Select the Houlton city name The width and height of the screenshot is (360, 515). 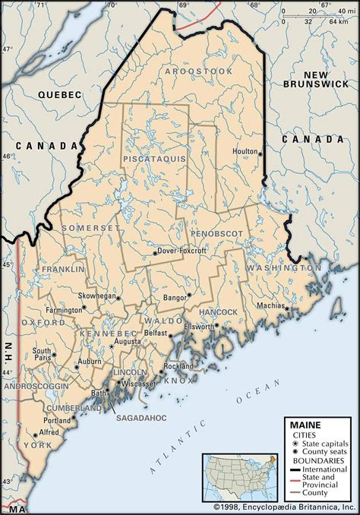point(245,151)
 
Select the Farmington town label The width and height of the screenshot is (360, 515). point(63,310)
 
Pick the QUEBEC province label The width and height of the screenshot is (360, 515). point(59,94)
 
